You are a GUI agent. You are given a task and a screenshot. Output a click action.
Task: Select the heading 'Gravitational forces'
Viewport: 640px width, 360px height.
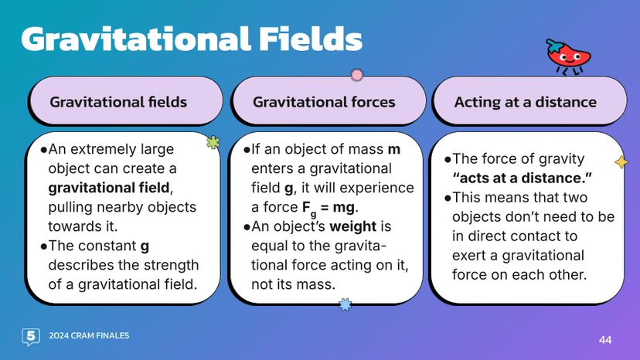[x=324, y=102]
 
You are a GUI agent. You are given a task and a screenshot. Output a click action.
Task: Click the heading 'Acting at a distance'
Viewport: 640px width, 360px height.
[x=525, y=102]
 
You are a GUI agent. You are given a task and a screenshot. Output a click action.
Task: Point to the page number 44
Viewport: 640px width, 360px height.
[x=605, y=339]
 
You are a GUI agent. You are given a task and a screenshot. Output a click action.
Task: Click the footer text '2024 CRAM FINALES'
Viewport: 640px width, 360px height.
[x=89, y=336]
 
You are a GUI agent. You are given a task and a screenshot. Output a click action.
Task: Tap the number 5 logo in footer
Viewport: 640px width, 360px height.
[x=31, y=336]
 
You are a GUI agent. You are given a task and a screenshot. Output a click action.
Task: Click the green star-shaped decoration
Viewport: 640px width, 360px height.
[x=213, y=142]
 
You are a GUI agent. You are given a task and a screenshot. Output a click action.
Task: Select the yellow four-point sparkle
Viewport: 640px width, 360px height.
[x=620, y=161]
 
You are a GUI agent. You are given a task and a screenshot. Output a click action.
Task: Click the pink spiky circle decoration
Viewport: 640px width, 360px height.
[x=356, y=75]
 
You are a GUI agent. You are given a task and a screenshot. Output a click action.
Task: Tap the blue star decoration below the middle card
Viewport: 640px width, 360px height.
[x=346, y=305]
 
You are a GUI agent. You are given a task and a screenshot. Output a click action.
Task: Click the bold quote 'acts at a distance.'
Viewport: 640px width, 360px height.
[x=522, y=178]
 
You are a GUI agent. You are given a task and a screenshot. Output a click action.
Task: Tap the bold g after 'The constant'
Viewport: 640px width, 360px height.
[x=145, y=246]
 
